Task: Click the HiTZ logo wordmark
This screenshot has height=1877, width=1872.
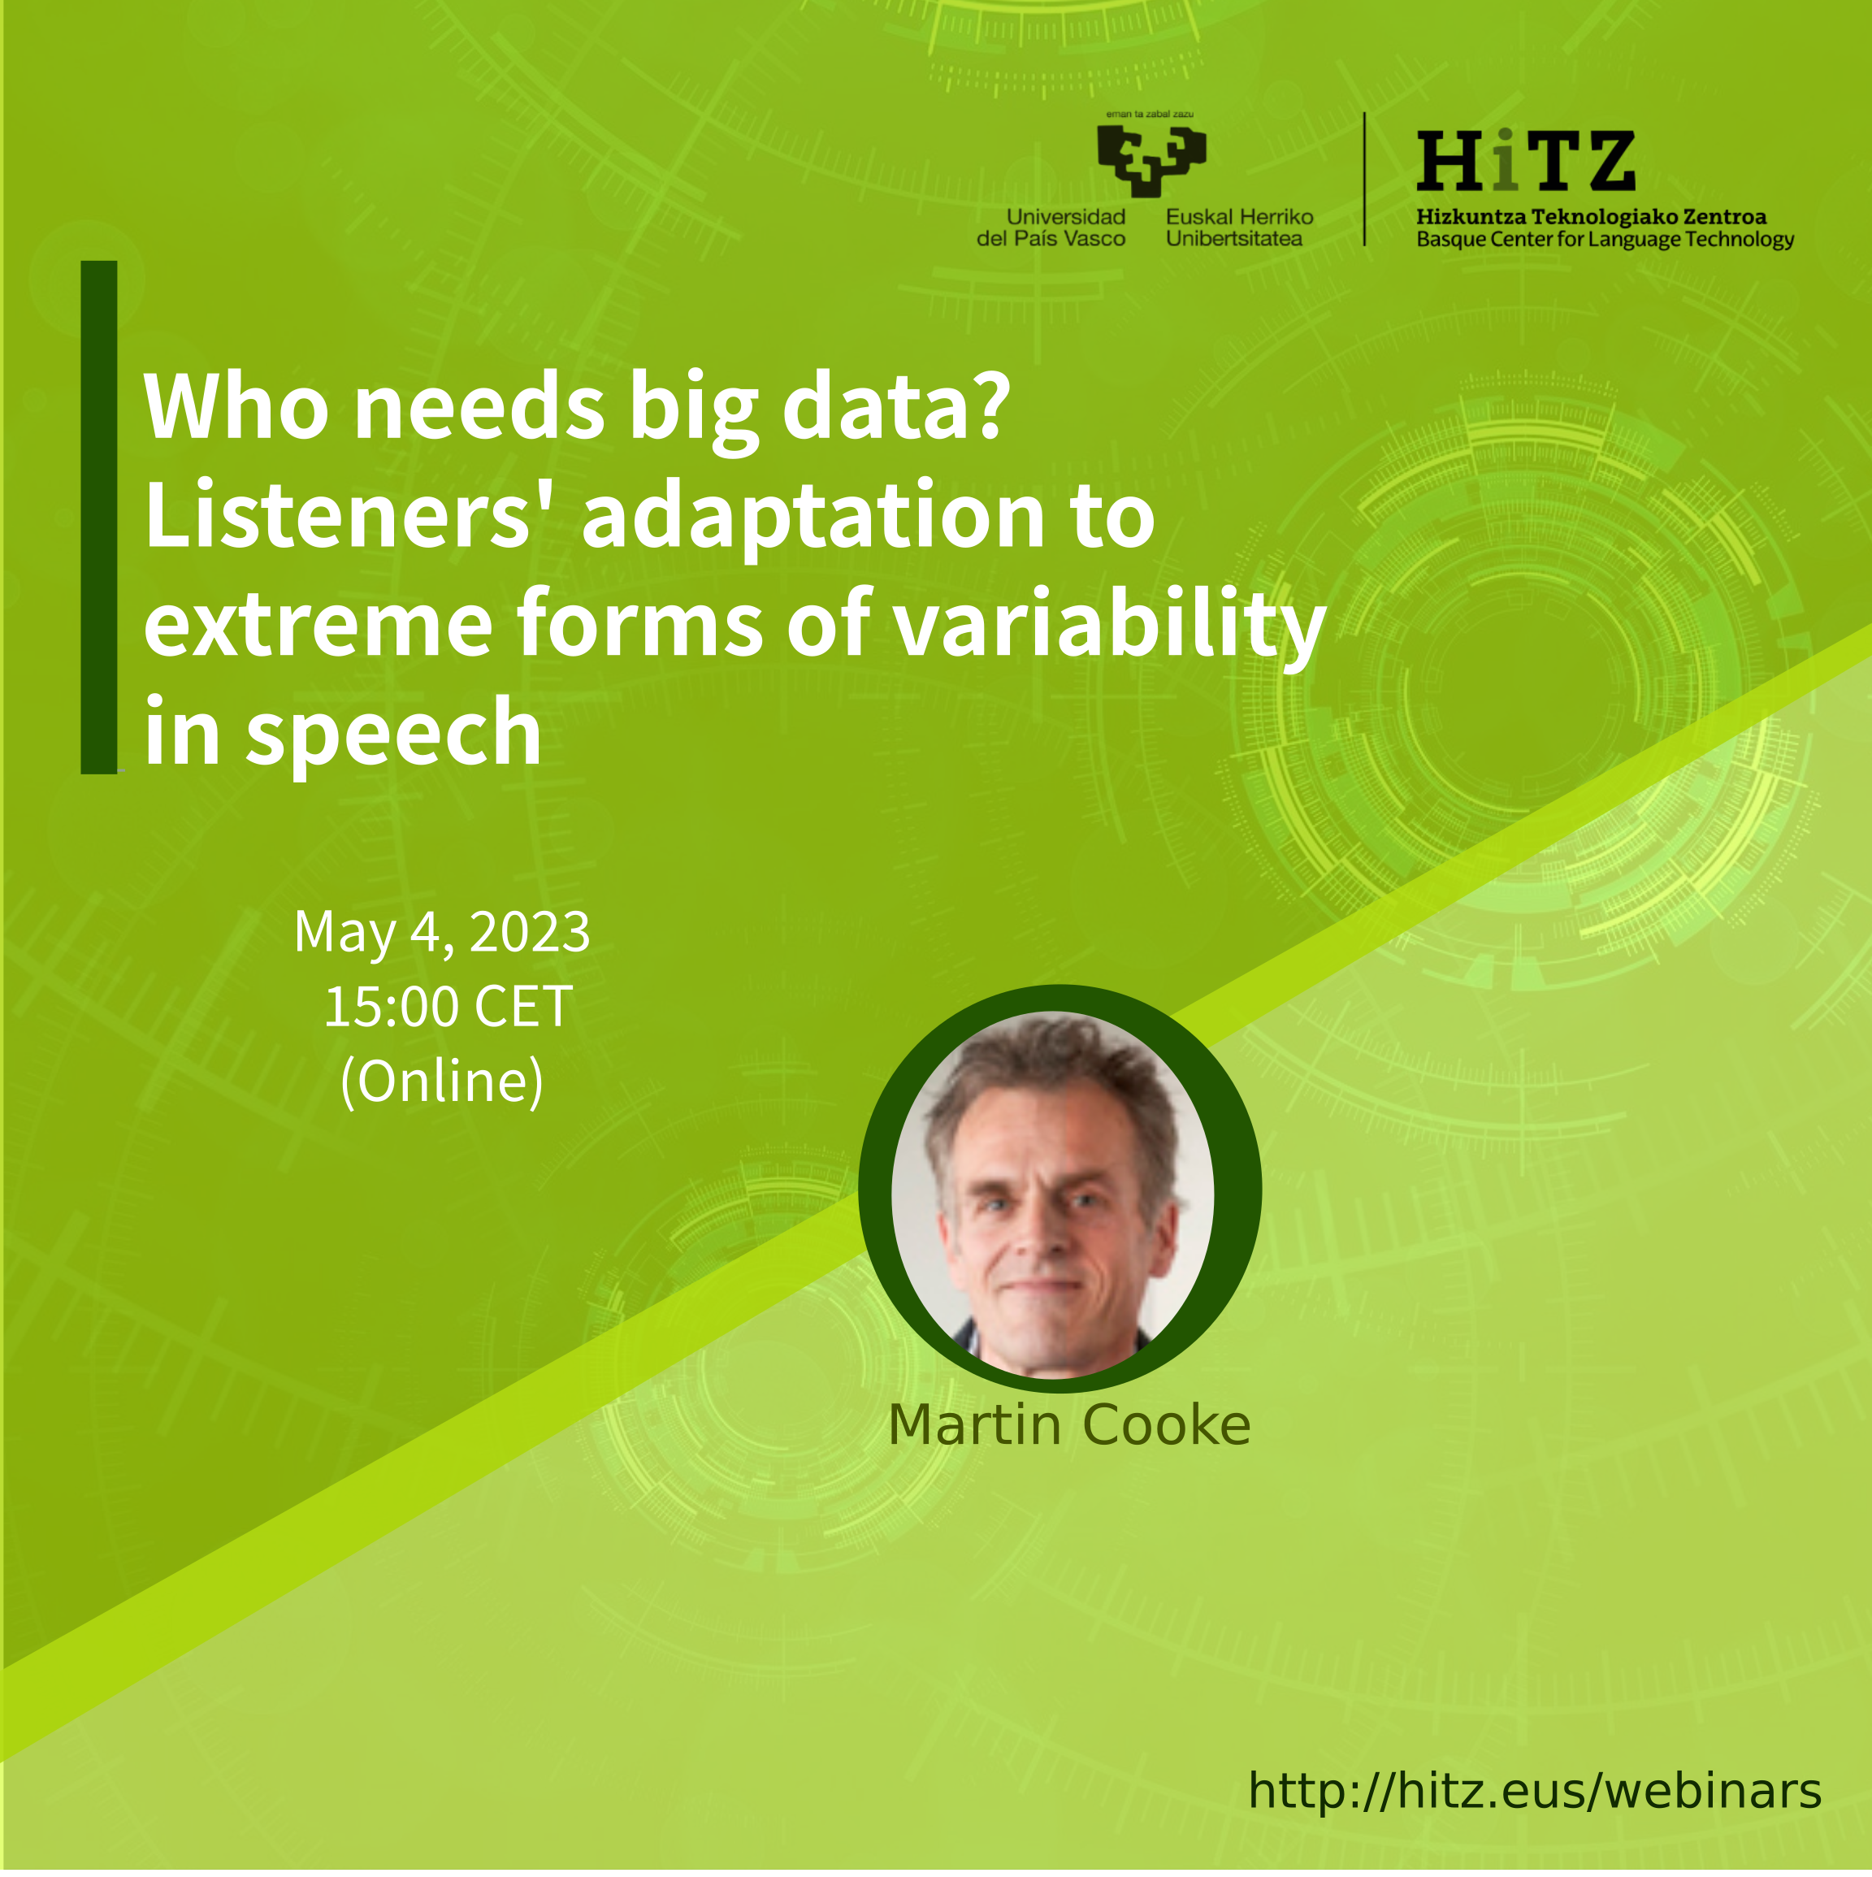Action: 1525,160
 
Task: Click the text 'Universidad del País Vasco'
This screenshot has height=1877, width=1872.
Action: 1051,228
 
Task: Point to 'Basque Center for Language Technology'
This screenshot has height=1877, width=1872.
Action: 1605,239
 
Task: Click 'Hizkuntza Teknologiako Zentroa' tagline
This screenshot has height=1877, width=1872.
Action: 1591,217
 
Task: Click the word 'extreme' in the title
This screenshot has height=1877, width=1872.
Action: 318,625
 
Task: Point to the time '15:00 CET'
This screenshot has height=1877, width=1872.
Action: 448,1007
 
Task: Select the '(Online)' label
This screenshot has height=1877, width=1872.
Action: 442,1082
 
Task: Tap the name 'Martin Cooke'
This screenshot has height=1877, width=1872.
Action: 1068,1425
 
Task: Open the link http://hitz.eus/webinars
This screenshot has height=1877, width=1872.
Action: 1535,1791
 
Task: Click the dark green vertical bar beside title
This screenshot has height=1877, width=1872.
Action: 99,517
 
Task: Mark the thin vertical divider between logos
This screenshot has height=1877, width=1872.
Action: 1365,179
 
